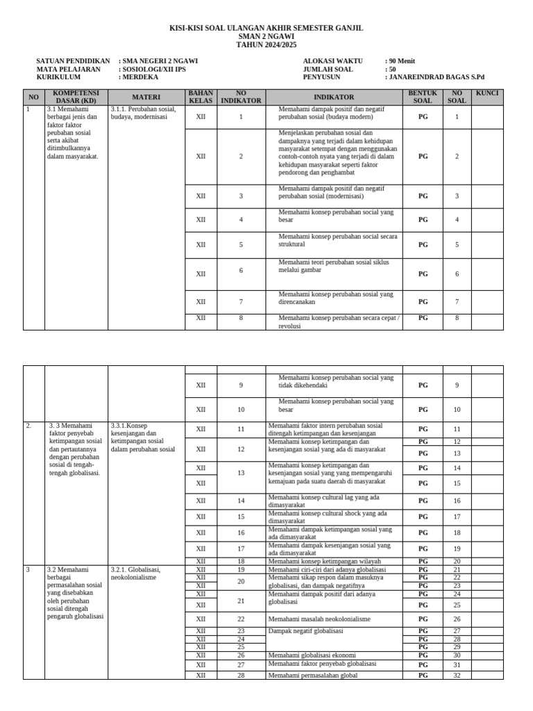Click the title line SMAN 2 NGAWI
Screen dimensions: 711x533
pos(266,36)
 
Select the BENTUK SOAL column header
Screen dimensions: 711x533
pos(423,97)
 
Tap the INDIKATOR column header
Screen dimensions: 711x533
pos(334,98)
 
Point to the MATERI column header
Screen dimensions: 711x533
pos(146,98)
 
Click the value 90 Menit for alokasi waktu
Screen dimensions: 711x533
pos(402,61)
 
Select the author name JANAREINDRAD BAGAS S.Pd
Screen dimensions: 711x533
pos(437,78)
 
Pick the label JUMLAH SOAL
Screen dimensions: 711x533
pos(329,69)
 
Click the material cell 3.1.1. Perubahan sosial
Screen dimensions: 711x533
pos(143,113)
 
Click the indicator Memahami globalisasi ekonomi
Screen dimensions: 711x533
pos(312,655)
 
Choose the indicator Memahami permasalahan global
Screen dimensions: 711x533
pos(313,675)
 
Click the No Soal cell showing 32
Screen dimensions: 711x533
pos(457,675)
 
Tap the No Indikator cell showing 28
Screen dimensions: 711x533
pos(241,675)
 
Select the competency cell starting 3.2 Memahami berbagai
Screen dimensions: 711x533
pos(75,592)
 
